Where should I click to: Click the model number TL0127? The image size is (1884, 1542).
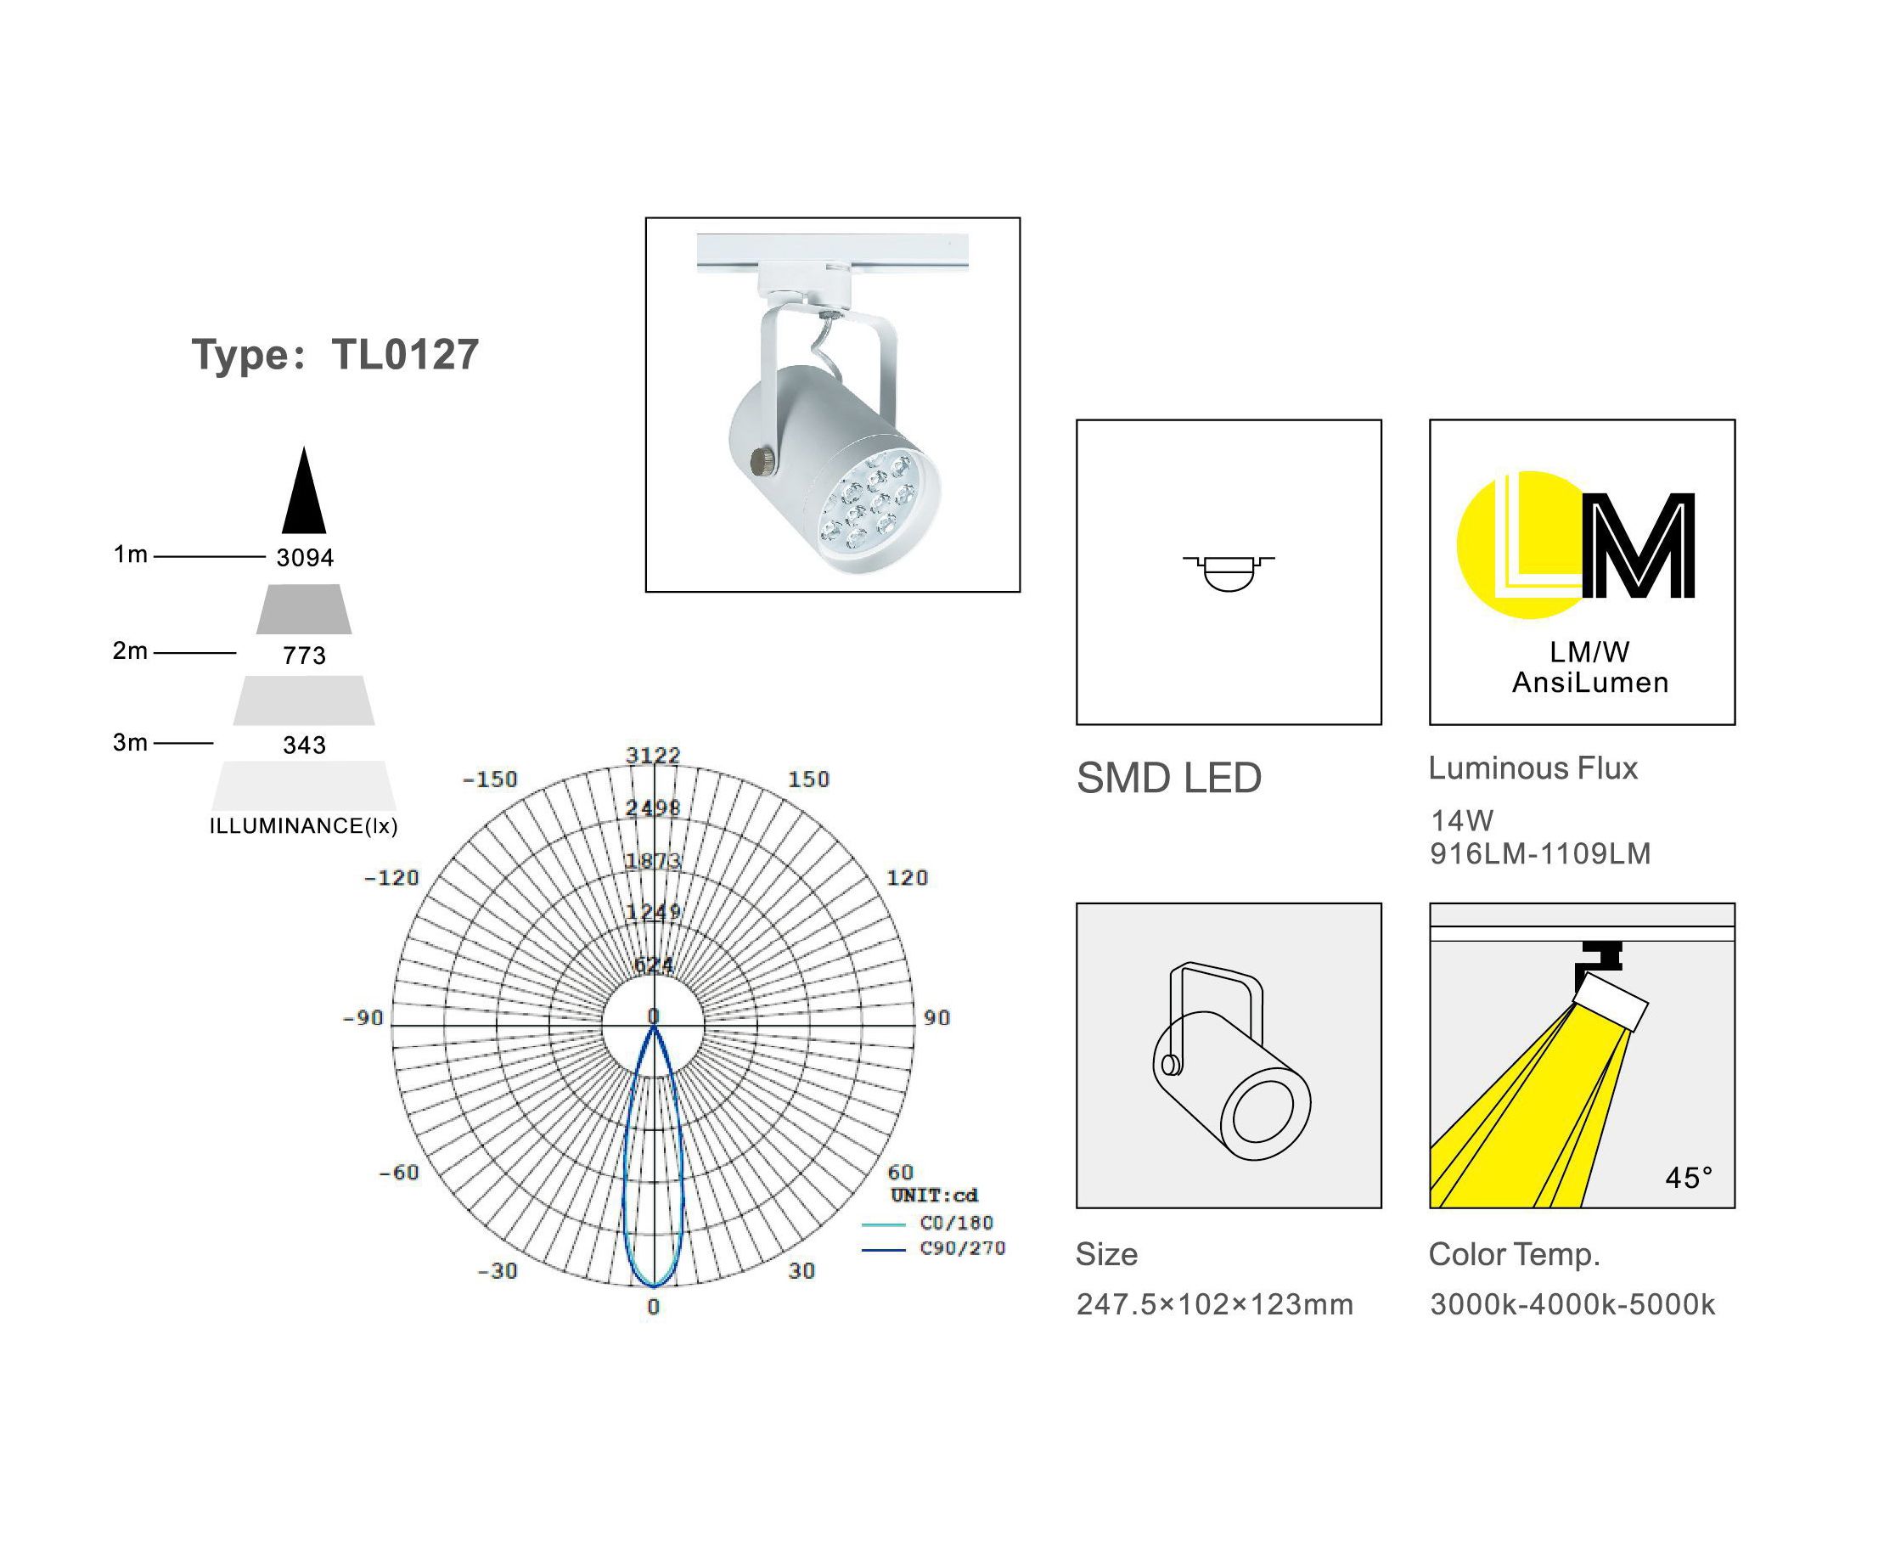(x=405, y=354)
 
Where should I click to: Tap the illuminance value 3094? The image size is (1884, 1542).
(x=305, y=558)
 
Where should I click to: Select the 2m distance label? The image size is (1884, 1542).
(x=130, y=651)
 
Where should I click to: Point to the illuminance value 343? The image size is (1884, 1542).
(x=305, y=746)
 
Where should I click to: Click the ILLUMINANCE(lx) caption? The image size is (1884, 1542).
(x=304, y=826)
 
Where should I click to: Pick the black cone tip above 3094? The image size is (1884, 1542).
(x=305, y=447)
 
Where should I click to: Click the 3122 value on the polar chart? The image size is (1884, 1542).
(x=653, y=755)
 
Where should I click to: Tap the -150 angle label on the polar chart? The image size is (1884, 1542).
(x=489, y=779)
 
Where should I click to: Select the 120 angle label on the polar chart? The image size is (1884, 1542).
(x=907, y=878)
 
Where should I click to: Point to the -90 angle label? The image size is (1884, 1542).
(x=363, y=1018)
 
